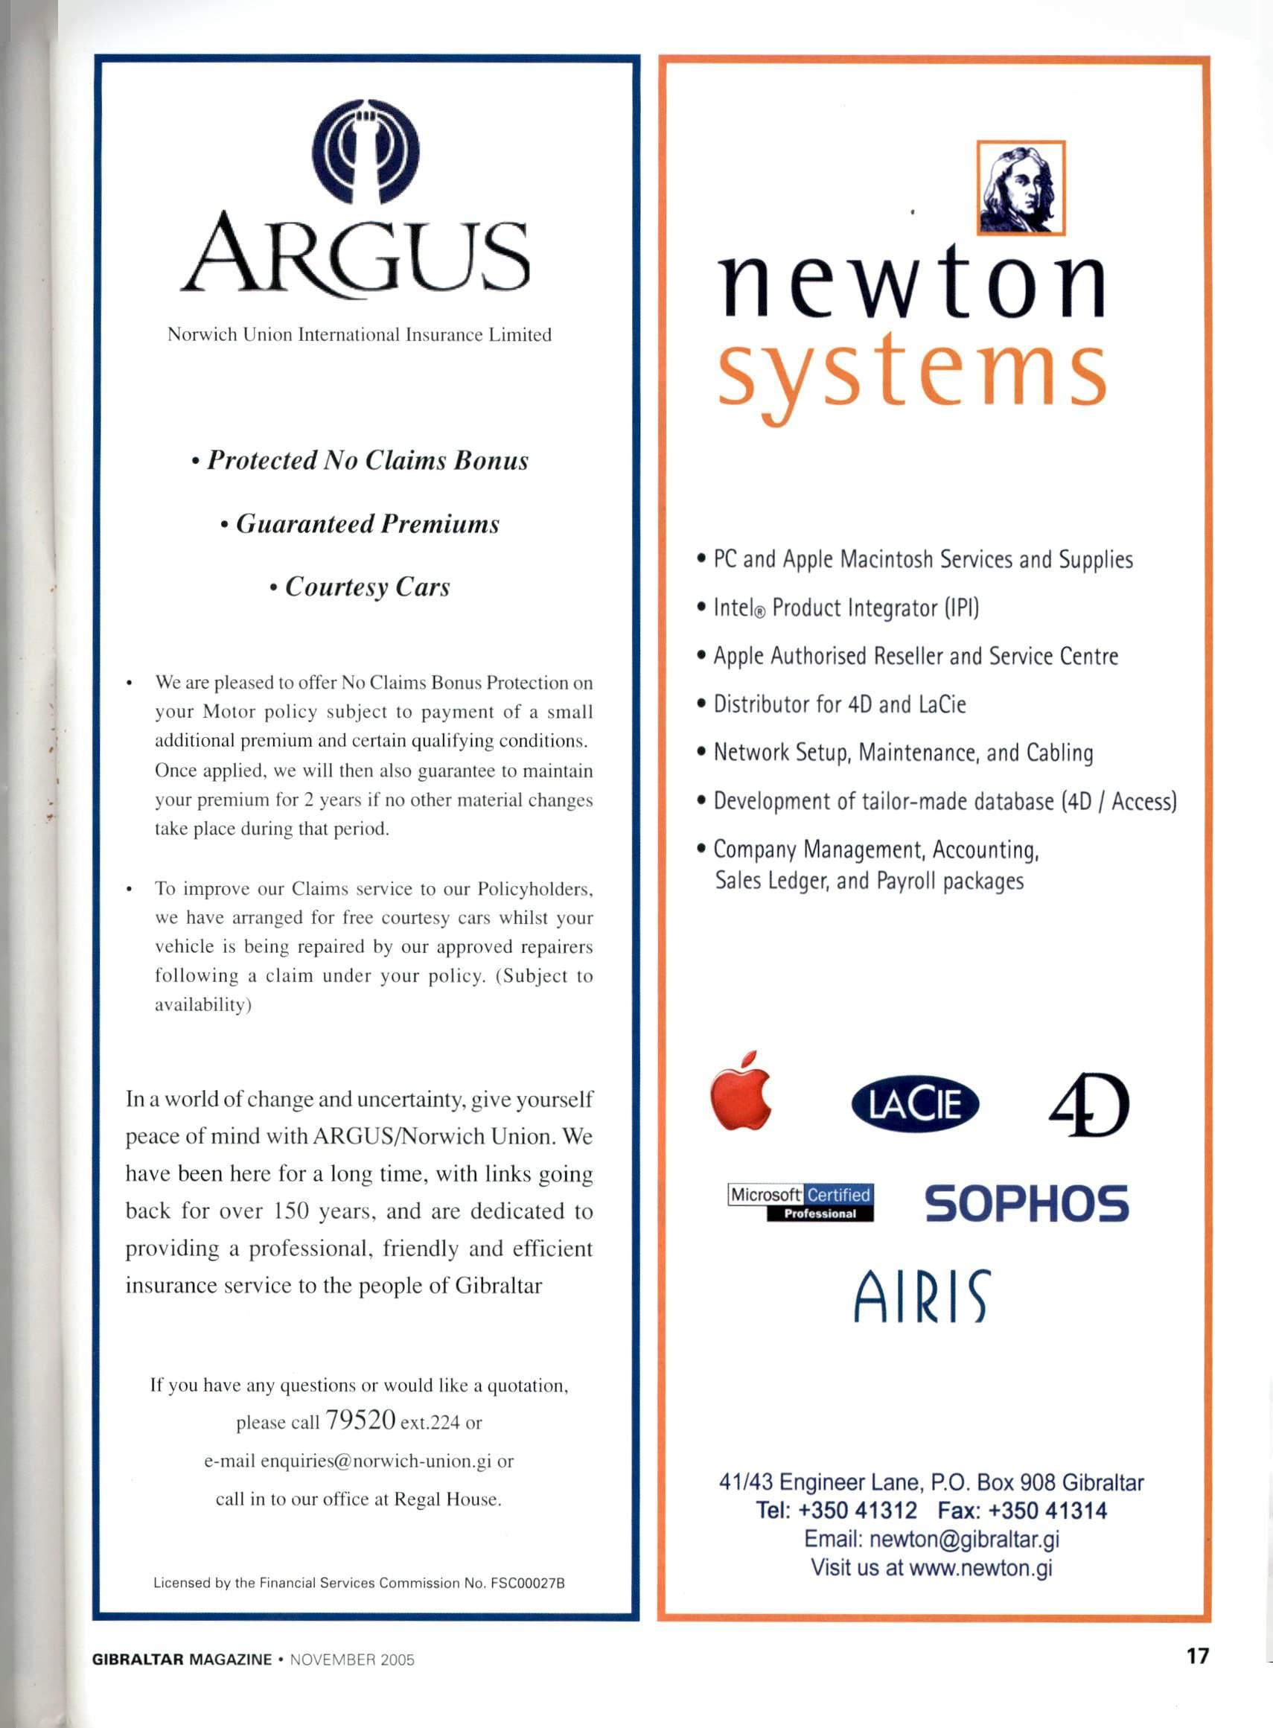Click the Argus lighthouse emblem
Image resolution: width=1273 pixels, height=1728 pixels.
coord(366,151)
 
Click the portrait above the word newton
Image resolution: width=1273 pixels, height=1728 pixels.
coord(1020,188)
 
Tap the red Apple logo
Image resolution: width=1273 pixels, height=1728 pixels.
coord(741,1093)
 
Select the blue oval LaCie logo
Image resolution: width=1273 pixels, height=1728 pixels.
coord(915,1104)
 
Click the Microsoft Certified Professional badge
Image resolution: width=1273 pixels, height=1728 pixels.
coord(800,1203)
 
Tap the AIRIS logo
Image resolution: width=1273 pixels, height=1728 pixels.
coord(920,1296)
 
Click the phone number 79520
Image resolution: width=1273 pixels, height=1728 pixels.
coord(360,1420)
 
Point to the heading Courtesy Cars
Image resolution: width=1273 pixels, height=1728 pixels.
coord(367,587)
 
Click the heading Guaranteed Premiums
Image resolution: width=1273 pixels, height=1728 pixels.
coord(367,524)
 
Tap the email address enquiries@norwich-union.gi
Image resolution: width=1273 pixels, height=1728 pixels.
coord(376,1461)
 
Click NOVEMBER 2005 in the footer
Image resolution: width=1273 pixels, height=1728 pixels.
coord(352,1660)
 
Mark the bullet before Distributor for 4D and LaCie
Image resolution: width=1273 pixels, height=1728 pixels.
coord(701,705)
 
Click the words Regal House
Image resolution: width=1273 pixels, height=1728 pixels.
coord(447,1499)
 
